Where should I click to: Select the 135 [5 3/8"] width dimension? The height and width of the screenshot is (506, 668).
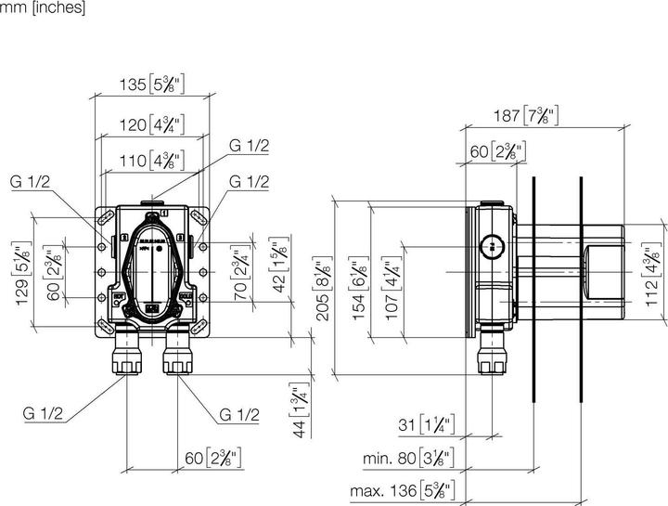coord(151,85)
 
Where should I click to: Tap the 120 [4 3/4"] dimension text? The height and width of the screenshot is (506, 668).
coord(151,123)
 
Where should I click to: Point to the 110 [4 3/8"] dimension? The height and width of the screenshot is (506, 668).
coord(151,161)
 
